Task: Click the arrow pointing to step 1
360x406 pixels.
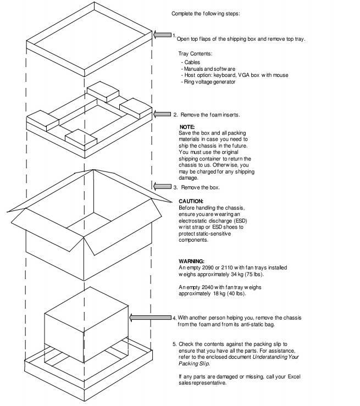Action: (162, 35)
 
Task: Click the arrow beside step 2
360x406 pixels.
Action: (162, 114)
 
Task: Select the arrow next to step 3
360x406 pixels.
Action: (162, 187)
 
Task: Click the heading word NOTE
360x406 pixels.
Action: (187, 127)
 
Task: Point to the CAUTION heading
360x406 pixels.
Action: (191, 201)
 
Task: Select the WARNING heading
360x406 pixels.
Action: (192, 261)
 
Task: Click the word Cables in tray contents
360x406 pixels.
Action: (192, 63)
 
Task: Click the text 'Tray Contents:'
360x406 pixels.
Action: (195, 54)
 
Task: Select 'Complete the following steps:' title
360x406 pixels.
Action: (206, 13)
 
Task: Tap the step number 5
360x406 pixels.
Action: (174, 343)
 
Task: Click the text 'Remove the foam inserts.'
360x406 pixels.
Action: (211, 115)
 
